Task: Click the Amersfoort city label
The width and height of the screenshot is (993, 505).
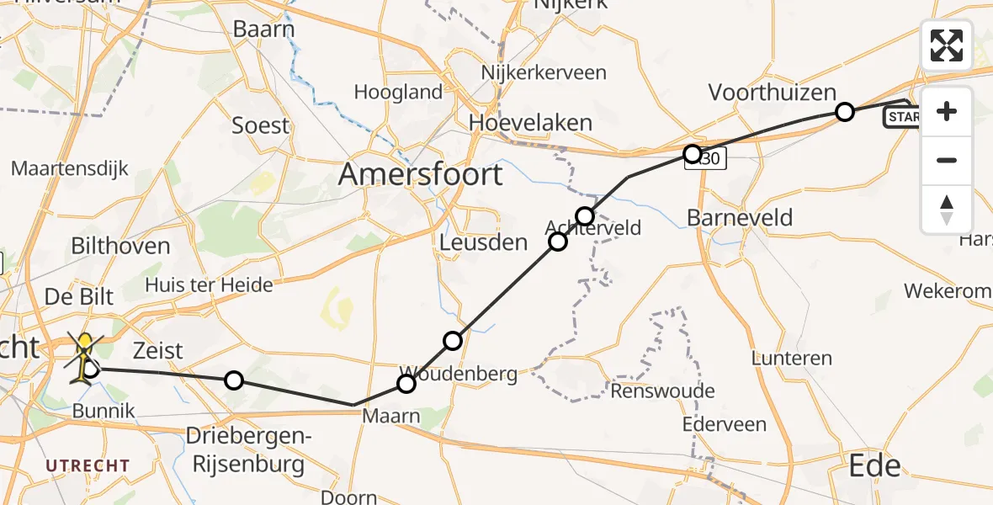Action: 421,175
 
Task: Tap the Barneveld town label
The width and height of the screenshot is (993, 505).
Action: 740,218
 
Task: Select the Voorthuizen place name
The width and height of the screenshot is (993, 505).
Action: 773,93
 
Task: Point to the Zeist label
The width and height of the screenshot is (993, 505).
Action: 158,350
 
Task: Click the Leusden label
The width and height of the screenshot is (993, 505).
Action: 484,243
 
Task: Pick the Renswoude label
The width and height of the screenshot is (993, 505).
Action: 663,391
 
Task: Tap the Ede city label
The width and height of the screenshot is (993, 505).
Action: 875,465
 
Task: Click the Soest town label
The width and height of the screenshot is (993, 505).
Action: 260,126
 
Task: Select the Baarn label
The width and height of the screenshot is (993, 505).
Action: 263,29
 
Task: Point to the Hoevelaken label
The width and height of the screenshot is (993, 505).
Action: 530,123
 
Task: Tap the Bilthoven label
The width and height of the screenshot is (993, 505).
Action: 120,247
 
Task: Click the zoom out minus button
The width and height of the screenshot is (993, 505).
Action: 947,160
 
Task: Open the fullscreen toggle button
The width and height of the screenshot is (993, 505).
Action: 947,45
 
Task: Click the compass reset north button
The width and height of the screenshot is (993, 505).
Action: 947,209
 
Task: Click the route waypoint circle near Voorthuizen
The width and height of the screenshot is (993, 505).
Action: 844,112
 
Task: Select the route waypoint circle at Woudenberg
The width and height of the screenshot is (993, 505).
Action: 406,384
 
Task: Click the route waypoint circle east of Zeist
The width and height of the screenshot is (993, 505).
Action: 234,380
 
